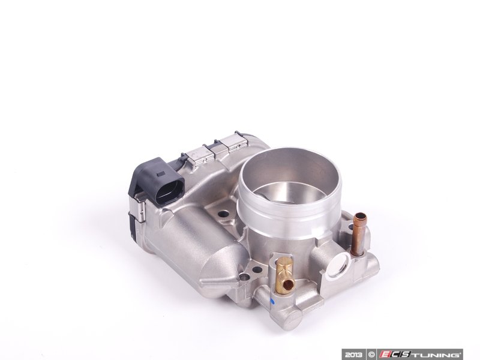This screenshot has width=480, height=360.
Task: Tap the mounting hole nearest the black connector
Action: click(223, 213)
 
